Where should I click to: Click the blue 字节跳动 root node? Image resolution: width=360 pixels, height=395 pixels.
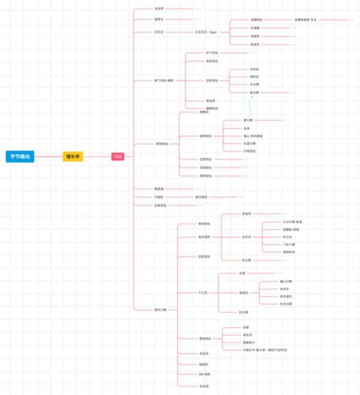point(20,157)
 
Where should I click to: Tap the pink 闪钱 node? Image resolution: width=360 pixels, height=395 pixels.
point(117,157)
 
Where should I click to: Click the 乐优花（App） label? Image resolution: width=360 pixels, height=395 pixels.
point(206,32)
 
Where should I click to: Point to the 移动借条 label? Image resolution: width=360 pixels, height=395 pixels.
point(201,197)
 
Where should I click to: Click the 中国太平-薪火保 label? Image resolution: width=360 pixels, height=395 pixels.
point(260,349)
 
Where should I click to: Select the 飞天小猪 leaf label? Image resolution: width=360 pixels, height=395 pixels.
point(289,244)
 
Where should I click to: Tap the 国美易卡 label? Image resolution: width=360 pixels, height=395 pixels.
point(248,342)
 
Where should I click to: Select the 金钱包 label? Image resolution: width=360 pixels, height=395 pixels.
point(244,292)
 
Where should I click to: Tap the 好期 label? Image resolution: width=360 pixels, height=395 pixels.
point(245,327)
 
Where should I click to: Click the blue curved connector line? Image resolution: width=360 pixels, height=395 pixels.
point(250,106)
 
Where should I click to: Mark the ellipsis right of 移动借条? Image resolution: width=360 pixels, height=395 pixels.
point(241,197)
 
